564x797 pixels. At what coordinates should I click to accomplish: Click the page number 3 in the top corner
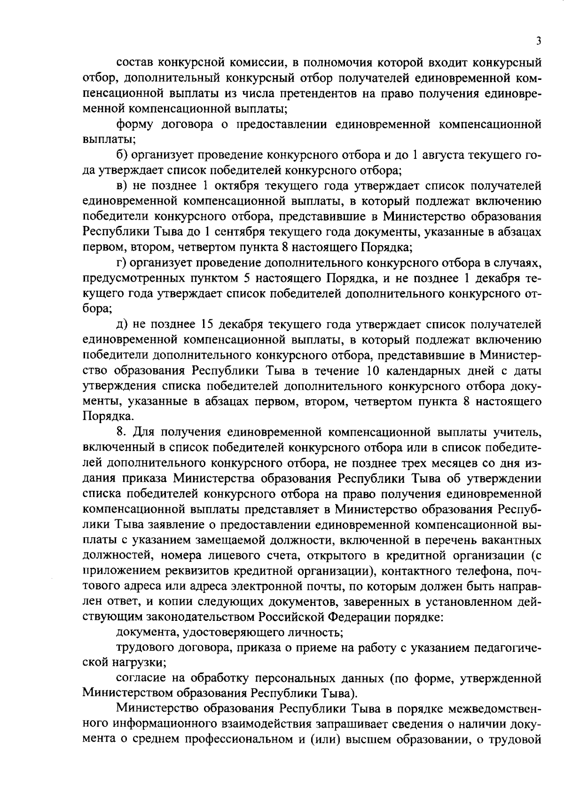[x=538, y=41]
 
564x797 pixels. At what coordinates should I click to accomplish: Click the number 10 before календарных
[x=373, y=371]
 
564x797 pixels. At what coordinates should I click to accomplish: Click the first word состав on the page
[x=134, y=62]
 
